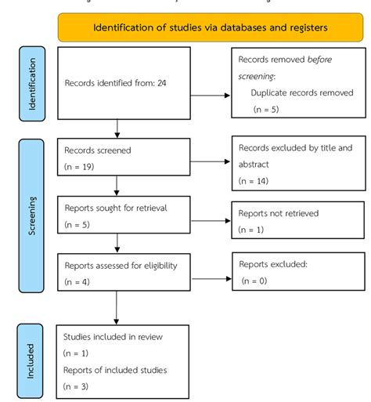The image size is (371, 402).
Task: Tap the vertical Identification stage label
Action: (32, 85)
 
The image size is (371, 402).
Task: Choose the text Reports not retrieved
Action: (278, 212)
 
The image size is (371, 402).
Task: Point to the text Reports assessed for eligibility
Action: (121, 266)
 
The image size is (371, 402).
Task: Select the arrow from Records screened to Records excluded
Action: (211, 164)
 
